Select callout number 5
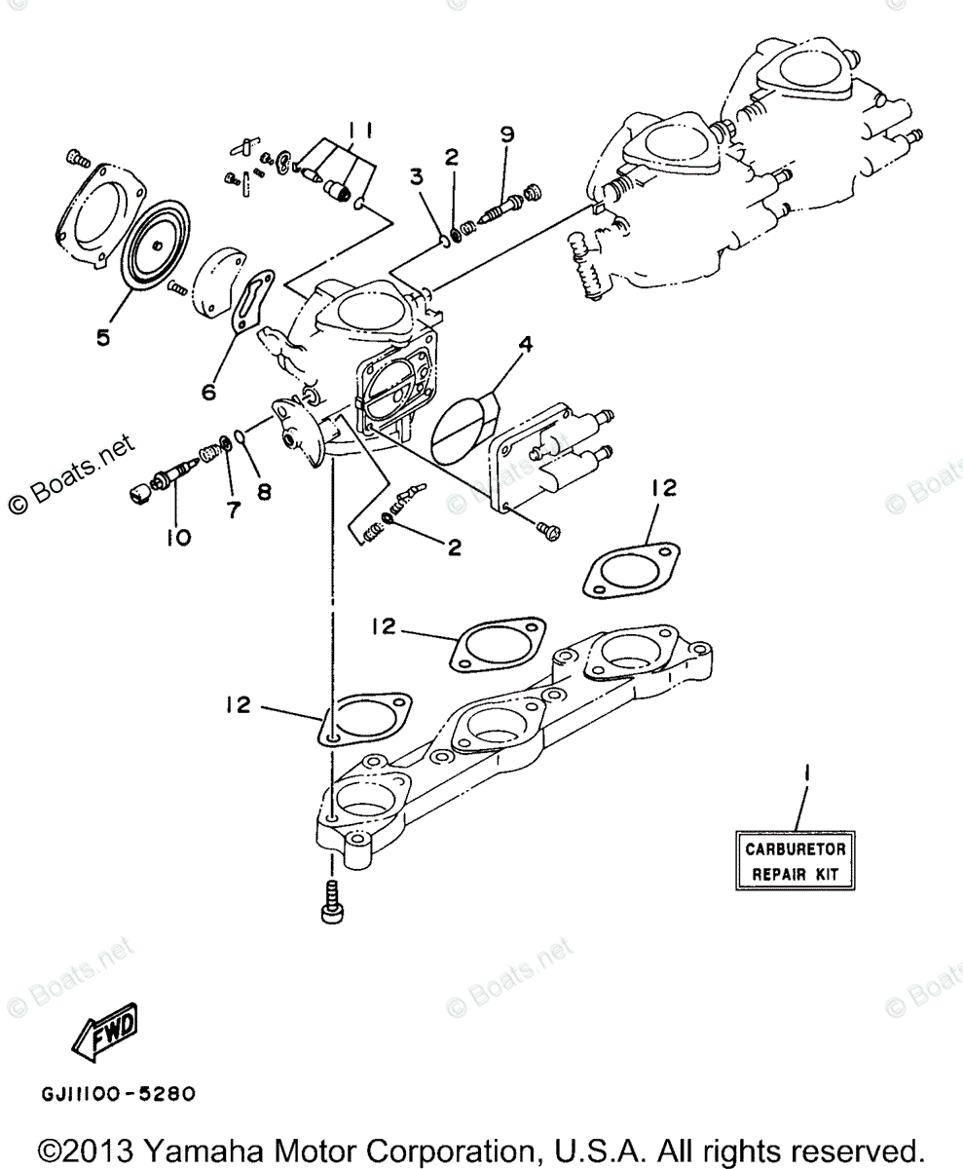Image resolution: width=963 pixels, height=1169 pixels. click(x=103, y=337)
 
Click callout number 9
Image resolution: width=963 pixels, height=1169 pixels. click(x=506, y=135)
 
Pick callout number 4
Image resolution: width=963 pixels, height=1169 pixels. click(x=525, y=344)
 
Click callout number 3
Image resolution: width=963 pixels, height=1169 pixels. click(x=416, y=176)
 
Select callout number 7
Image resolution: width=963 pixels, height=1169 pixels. click(x=233, y=509)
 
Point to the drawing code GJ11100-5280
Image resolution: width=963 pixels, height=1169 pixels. click(x=118, y=1094)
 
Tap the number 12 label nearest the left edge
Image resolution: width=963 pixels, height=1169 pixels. click(x=240, y=704)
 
